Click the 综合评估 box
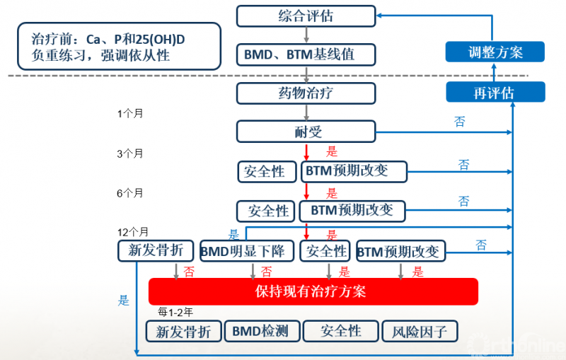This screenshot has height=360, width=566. (x=306, y=16)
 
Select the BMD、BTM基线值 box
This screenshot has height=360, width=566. (x=306, y=54)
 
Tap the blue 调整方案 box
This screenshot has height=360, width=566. (x=495, y=52)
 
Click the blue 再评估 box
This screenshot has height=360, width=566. (x=495, y=93)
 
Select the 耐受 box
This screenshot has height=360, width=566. (x=306, y=131)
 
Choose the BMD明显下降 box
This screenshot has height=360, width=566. (x=246, y=250)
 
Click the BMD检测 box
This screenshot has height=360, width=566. (x=261, y=331)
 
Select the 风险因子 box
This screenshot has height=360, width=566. (x=420, y=331)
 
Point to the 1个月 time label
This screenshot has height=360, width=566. (x=130, y=113)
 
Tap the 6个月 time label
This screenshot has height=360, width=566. (x=130, y=192)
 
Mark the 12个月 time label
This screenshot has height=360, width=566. (x=133, y=231)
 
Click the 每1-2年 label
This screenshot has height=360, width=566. (x=174, y=311)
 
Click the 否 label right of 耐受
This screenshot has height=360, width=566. (x=460, y=122)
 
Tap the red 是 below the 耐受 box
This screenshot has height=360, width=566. (x=332, y=151)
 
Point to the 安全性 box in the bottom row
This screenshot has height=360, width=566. (x=340, y=331)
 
